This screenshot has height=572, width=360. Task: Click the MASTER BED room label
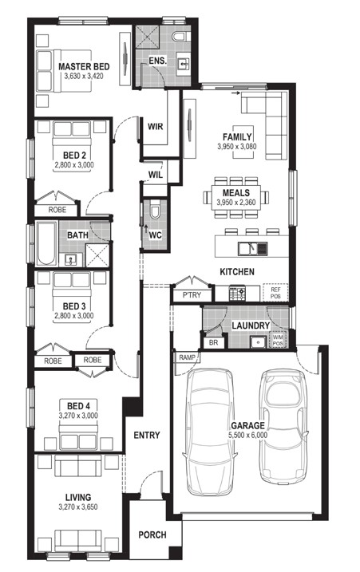coord(84,67)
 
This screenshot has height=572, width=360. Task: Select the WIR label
coord(156,127)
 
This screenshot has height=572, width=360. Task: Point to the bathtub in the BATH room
coord(46,243)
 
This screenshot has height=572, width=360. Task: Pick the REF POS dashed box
coord(275,293)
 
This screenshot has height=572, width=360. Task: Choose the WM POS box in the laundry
coord(278,339)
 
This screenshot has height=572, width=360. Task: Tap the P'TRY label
coord(192,294)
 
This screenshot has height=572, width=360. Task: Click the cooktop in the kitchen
coord(237,294)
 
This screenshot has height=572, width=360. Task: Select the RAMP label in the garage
coord(188,357)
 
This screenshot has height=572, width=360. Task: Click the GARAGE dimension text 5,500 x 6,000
coord(248,435)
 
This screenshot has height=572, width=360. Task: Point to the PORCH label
coord(152,535)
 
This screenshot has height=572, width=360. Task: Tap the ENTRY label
coord(147,435)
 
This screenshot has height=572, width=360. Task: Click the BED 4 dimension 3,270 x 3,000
coord(78,415)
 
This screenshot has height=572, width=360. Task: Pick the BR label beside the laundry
coord(214,343)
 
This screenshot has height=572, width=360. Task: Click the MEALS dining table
coord(236,197)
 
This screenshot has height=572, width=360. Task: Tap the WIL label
coord(155,175)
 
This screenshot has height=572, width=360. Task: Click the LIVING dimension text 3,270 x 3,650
coord(77,507)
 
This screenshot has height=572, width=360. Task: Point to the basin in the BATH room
coord(70,260)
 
